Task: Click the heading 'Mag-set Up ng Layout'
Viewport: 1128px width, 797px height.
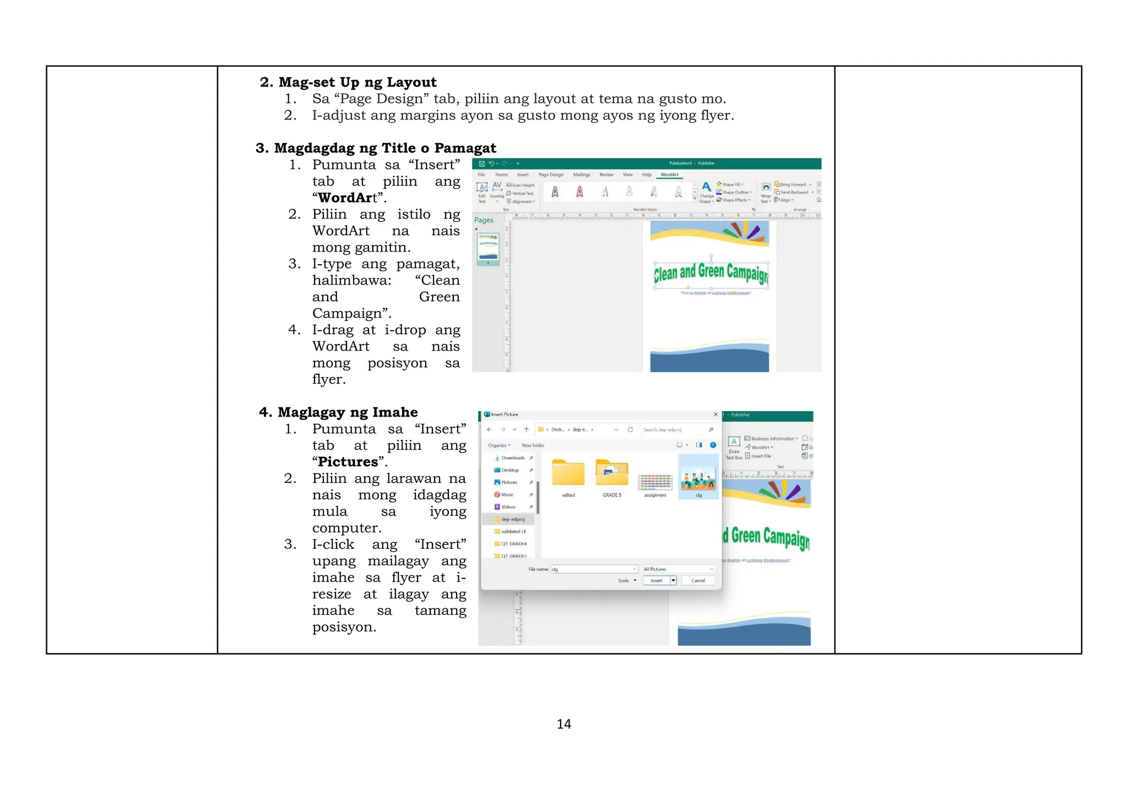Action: click(x=357, y=83)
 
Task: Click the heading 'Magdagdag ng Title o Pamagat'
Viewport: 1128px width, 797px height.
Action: click(x=384, y=148)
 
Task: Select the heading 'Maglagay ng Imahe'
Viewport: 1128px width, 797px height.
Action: click(x=347, y=412)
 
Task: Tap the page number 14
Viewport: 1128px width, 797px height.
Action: click(x=563, y=724)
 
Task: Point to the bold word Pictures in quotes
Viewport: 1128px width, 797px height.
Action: click(x=348, y=462)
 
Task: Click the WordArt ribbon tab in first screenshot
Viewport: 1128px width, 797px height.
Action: click(x=669, y=175)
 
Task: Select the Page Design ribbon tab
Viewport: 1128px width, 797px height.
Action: click(x=551, y=175)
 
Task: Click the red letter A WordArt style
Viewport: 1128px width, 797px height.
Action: click(x=579, y=192)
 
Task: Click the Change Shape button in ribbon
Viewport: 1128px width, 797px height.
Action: click(x=706, y=192)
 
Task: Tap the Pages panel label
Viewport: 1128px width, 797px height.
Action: click(x=484, y=220)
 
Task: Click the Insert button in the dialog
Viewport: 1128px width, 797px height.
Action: click(x=656, y=581)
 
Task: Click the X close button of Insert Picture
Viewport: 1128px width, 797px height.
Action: click(x=715, y=414)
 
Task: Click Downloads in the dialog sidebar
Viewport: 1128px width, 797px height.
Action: click(x=512, y=458)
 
